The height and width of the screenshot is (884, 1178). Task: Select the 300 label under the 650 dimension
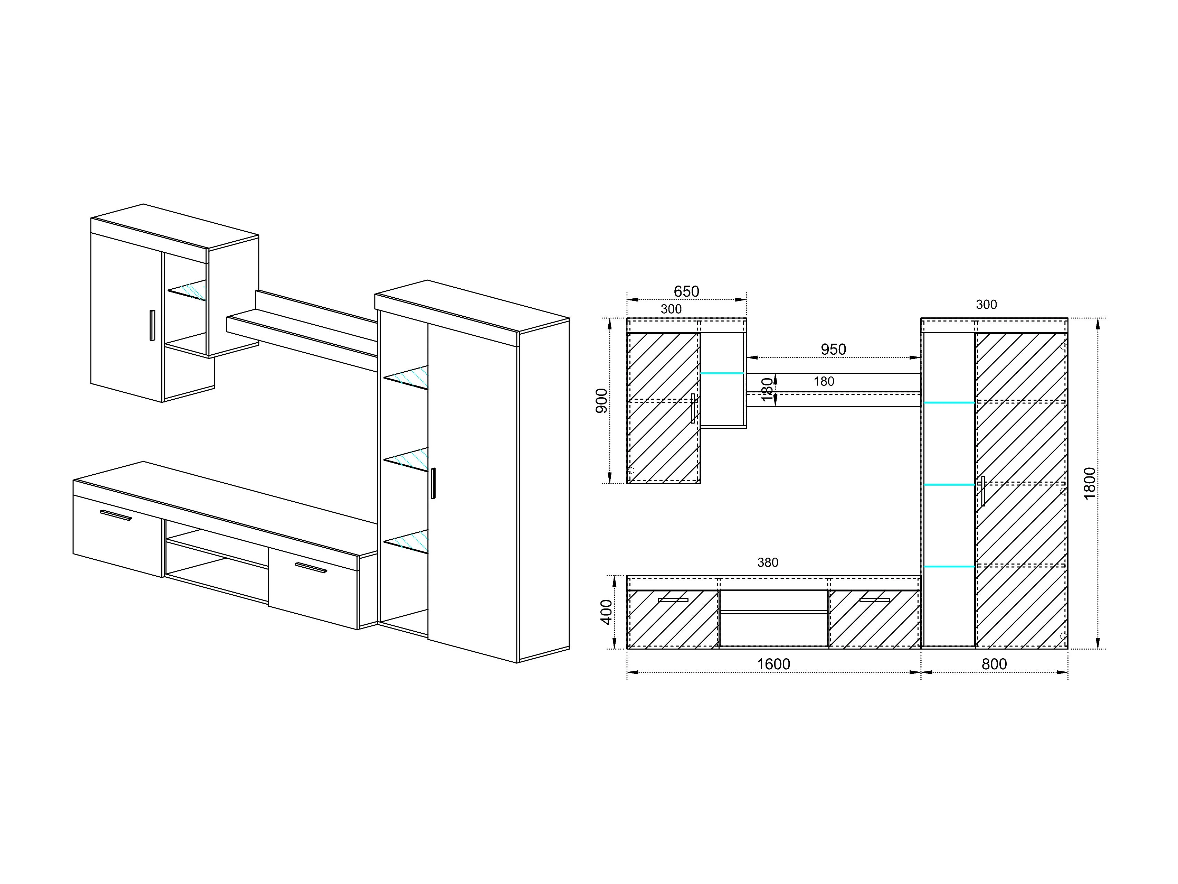click(671, 309)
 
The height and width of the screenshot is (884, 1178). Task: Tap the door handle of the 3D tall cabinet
click(433, 483)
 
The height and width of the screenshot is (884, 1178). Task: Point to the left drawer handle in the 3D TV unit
click(116, 515)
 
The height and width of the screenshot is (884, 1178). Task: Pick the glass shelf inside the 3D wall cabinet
click(188, 290)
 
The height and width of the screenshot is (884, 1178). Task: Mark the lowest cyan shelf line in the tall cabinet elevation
click(949, 566)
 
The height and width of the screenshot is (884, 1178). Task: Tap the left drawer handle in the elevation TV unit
click(673, 600)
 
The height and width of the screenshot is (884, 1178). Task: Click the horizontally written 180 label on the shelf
click(824, 382)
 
